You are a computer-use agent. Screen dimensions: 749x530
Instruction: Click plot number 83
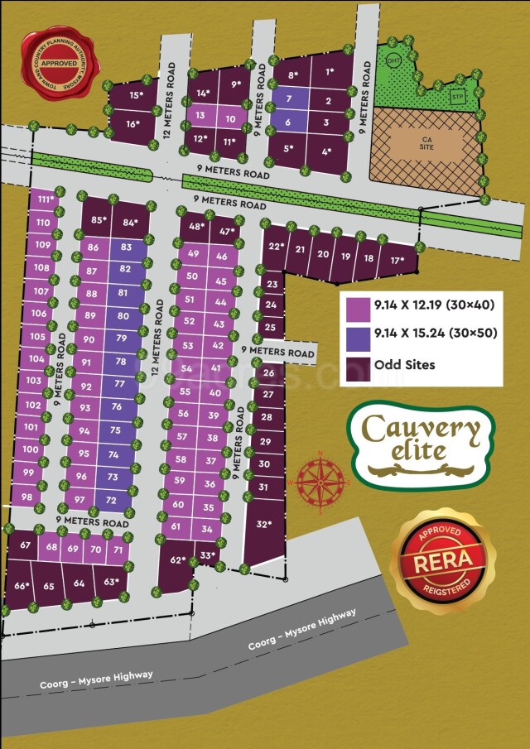[x=126, y=247]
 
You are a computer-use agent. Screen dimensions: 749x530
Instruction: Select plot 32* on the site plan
[x=263, y=525]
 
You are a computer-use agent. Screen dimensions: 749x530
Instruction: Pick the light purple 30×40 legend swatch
[x=358, y=305]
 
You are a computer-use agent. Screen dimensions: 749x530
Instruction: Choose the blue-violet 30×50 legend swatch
[x=358, y=335]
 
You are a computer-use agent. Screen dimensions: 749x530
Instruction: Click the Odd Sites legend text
[x=404, y=364]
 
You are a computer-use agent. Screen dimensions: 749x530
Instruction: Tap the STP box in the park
[x=455, y=97]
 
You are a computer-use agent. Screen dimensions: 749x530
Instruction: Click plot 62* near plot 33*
[x=176, y=561]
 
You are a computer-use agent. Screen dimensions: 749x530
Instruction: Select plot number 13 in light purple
[x=200, y=116]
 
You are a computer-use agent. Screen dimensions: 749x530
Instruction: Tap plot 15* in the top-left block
[x=135, y=95]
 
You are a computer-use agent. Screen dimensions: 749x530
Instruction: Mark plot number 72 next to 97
[x=111, y=500]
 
